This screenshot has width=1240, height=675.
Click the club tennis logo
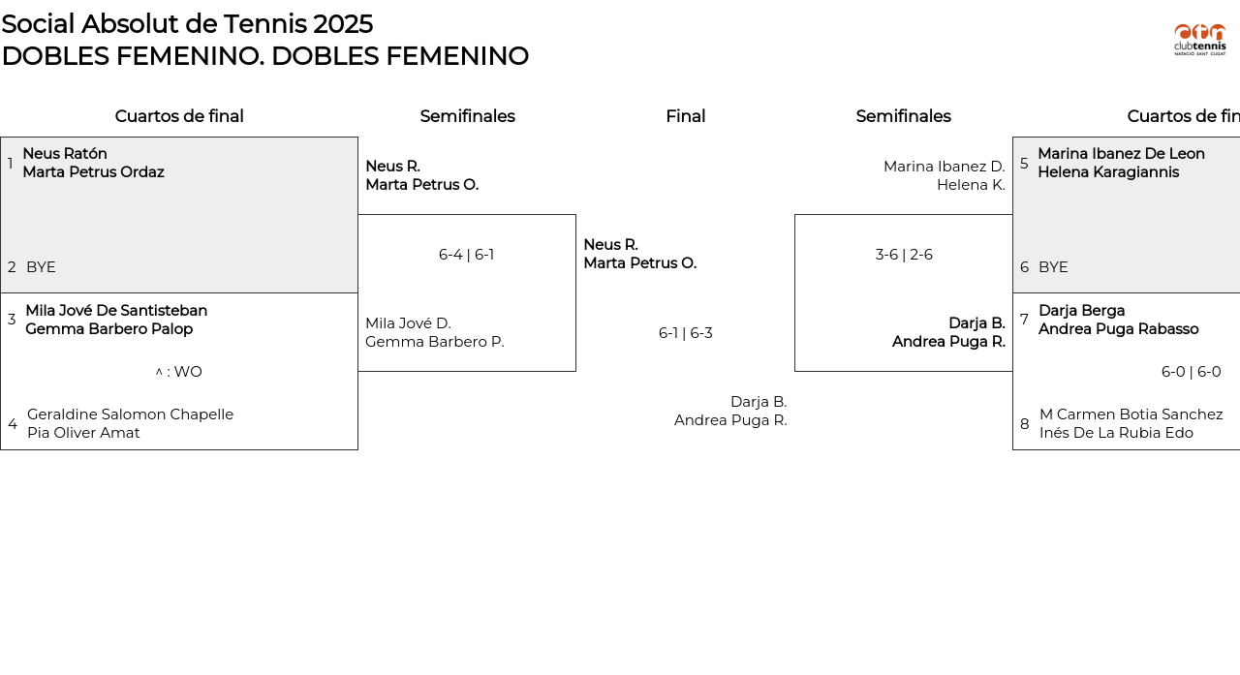(x=1199, y=40)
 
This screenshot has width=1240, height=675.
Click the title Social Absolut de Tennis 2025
(x=187, y=24)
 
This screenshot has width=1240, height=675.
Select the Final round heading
(x=685, y=116)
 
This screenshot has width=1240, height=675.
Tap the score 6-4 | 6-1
(x=466, y=255)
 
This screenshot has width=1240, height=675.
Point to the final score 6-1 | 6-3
(x=685, y=333)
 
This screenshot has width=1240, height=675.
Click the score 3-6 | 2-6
(x=903, y=255)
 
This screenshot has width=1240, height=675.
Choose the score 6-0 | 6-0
(x=1191, y=372)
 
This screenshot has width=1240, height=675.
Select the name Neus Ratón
(x=65, y=154)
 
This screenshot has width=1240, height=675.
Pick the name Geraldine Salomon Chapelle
(x=130, y=414)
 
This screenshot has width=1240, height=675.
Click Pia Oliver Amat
(x=83, y=433)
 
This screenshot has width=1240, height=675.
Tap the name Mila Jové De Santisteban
(x=116, y=311)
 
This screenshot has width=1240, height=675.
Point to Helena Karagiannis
(x=1108, y=172)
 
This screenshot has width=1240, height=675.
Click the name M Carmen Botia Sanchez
(x=1131, y=414)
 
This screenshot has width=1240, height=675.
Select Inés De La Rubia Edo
(x=1116, y=433)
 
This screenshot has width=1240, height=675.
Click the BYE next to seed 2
(x=41, y=267)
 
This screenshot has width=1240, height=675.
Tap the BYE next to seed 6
(x=1053, y=267)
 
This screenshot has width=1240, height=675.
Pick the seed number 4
(x=13, y=424)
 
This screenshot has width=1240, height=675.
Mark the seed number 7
(x=1024, y=320)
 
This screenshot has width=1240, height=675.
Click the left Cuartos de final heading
(x=179, y=116)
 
